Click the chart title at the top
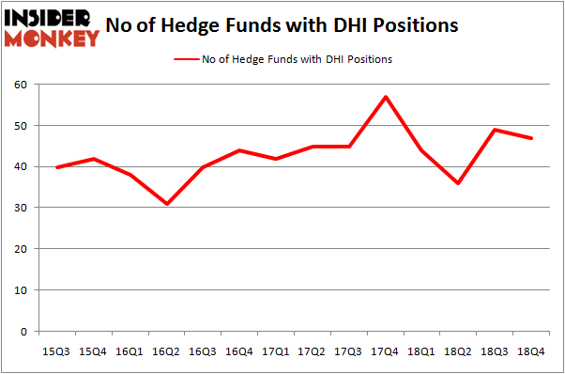point(282,25)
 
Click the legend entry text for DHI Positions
point(297,59)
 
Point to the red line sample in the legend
point(185,59)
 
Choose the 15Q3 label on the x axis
point(54,351)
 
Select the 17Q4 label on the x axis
point(385,351)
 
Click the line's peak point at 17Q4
point(385,97)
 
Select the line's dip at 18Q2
point(458,183)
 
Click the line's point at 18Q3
point(495,130)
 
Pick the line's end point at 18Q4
point(531,138)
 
